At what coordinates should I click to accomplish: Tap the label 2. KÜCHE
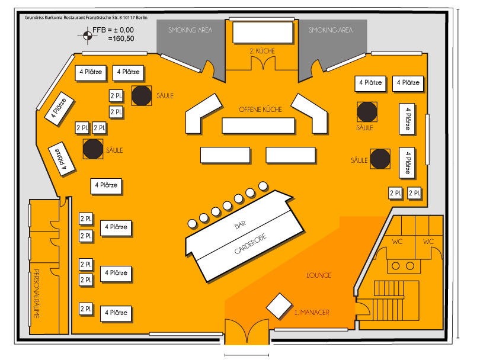coord(262,52)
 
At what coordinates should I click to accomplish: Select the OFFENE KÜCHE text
coord(260,110)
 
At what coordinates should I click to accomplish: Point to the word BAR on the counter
coord(239,226)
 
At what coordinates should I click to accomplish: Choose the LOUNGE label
coord(319,275)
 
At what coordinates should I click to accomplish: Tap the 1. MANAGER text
coord(312,312)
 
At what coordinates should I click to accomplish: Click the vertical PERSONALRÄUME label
coord(36,294)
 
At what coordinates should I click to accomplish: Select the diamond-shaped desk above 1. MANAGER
coord(277,305)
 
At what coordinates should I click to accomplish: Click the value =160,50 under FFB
coord(121,38)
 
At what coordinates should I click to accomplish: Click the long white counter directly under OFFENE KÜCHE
coord(258,126)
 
